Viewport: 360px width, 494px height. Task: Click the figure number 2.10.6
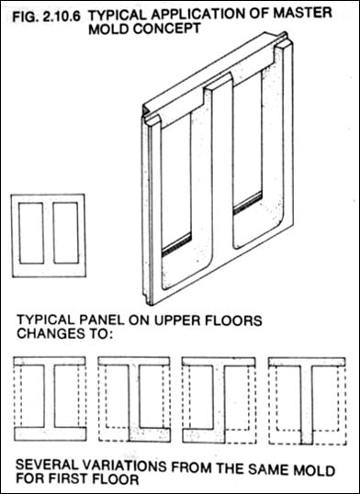coord(61,16)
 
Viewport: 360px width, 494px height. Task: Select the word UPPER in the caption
coord(181,320)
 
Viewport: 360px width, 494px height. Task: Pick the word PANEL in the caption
coord(93,320)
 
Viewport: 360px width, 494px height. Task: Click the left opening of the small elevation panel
coord(31,233)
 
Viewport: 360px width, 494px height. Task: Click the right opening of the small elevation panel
coord(65,233)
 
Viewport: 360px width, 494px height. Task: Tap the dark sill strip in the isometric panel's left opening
coord(176,244)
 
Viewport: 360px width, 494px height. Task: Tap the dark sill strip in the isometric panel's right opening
coord(248,203)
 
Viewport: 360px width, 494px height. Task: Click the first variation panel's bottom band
coord(50,433)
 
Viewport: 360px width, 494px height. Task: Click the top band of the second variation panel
coord(134,361)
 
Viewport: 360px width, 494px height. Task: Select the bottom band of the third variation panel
coord(204,434)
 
